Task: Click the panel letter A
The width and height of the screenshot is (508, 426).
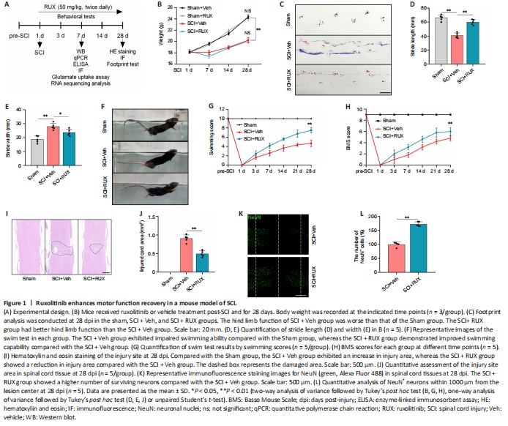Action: (7, 5)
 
